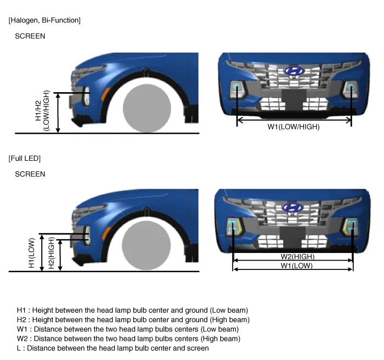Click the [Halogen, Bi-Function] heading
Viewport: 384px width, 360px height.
(x=44, y=20)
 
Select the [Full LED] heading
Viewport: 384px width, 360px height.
(x=25, y=158)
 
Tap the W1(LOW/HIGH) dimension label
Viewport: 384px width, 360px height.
(x=293, y=127)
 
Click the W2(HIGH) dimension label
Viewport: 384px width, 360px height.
(x=297, y=257)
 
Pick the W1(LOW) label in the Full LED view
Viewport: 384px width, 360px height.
(x=297, y=266)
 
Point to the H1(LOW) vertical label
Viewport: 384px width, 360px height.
(x=32, y=253)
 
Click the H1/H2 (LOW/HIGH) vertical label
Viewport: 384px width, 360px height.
(x=42, y=111)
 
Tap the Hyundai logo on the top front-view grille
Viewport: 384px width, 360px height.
(x=295, y=71)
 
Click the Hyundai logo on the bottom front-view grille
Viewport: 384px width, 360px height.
(x=293, y=207)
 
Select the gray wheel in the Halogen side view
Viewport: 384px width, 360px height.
(x=147, y=108)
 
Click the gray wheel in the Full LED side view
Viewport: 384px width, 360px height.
(x=146, y=245)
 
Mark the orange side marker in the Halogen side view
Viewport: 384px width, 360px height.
(x=105, y=94)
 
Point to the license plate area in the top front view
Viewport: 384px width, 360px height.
(x=294, y=95)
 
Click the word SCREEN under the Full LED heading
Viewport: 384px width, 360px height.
(x=30, y=175)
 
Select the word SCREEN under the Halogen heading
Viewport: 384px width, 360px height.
(x=30, y=36)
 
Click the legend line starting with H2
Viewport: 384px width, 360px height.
(x=133, y=320)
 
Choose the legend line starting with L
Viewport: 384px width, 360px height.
(x=112, y=348)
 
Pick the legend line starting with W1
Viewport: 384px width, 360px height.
(x=128, y=329)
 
